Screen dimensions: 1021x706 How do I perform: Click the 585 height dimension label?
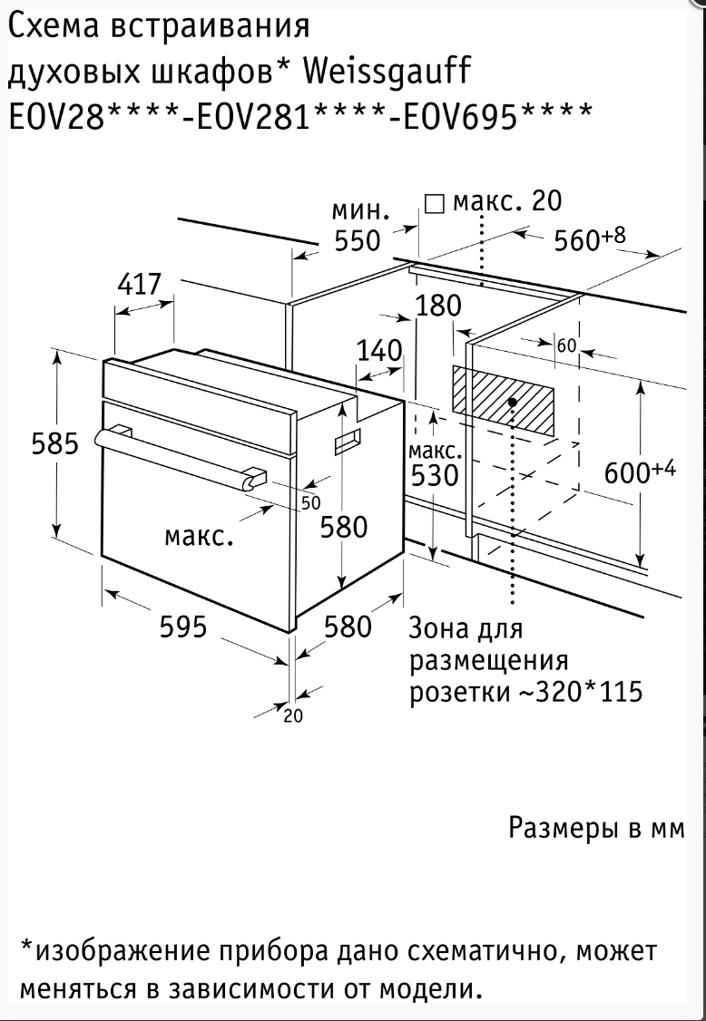55,444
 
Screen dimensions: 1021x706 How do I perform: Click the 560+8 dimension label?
590,240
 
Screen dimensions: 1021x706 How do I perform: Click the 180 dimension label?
438,306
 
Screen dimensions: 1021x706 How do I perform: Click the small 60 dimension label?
566,345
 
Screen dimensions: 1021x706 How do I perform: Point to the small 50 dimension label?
310,502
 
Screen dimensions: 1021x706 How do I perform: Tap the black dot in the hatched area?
513,401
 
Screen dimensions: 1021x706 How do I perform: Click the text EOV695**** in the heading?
490,117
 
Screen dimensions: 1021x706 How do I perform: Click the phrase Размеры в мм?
594,828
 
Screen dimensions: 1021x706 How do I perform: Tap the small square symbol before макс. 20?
435,203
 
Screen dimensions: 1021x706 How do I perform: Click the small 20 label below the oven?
292,715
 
